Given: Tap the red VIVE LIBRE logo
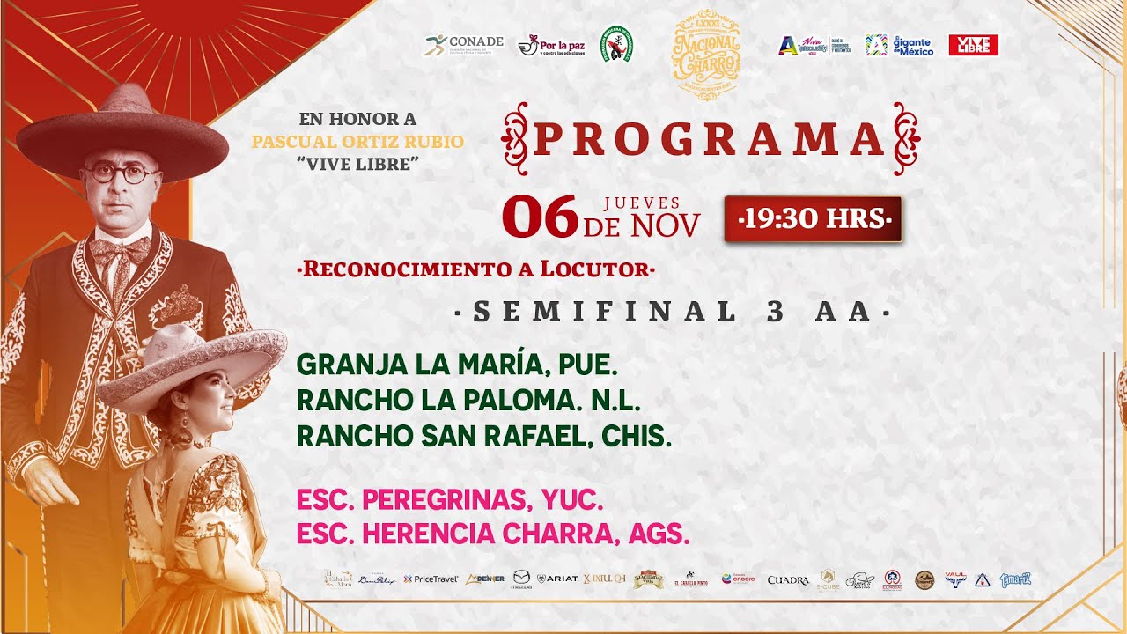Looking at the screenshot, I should (973, 45).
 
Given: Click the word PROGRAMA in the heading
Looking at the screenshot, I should (710, 139).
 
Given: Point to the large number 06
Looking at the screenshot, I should (540, 217).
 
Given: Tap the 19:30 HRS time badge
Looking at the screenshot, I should (813, 219).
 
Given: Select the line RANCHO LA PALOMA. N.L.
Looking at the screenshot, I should (468, 400).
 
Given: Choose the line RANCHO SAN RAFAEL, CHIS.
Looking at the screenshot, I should (483, 436).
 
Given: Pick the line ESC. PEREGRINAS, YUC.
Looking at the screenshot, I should (449, 500).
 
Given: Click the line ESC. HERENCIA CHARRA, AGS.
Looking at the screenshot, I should (492, 534).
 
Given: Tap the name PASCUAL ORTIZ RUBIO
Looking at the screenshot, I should (357, 142).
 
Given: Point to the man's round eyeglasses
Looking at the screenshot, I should (121, 173).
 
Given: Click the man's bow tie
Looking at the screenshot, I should (121, 250).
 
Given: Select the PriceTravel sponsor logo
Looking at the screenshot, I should (431, 579).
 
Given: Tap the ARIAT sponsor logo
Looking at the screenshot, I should (556, 579).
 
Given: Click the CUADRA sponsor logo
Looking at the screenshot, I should (788, 579).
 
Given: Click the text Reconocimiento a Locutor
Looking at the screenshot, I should (476, 269).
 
